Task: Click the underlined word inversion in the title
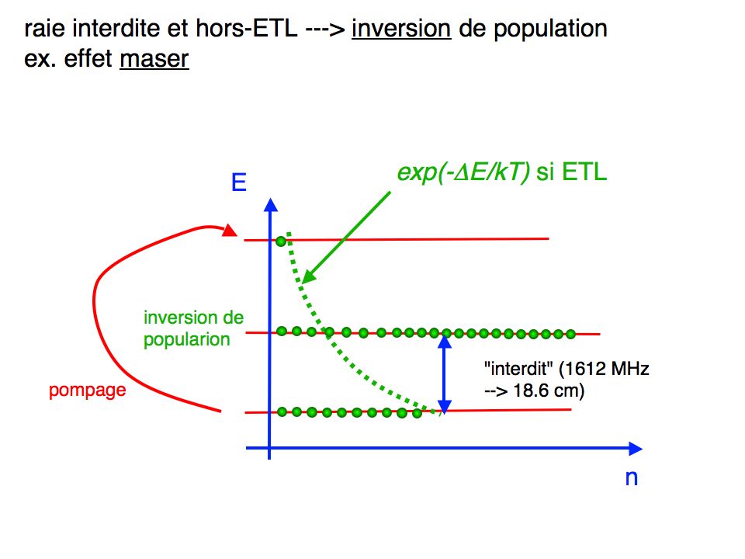pyautogui.click(x=401, y=29)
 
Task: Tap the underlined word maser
pyautogui.click(x=154, y=59)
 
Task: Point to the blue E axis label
pyautogui.click(x=238, y=182)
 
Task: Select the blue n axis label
pyautogui.click(x=632, y=477)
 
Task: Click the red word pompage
pyautogui.click(x=88, y=391)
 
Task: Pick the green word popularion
pyautogui.click(x=187, y=339)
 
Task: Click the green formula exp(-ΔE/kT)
pyautogui.click(x=463, y=172)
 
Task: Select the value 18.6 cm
pyautogui.click(x=549, y=391)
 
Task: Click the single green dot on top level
pyautogui.click(x=281, y=241)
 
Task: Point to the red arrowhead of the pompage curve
pyautogui.click(x=229, y=231)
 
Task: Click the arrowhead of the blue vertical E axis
pyautogui.click(x=270, y=204)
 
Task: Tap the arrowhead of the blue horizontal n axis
pyautogui.click(x=636, y=448)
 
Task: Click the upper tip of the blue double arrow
pyautogui.click(x=444, y=335)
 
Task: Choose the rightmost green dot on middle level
pyautogui.click(x=570, y=334)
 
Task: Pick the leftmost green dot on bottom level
pyautogui.click(x=282, y=411)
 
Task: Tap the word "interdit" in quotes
pyautogui.click(x=518, y=369)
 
